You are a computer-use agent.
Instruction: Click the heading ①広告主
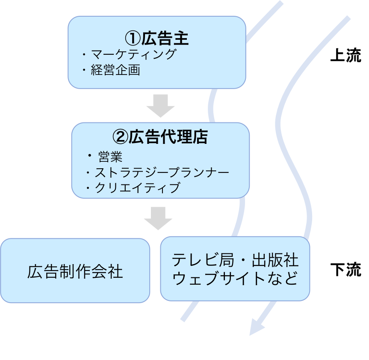point(156,38)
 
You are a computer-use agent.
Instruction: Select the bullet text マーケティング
point(133,54)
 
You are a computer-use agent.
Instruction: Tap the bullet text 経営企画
point(115,70)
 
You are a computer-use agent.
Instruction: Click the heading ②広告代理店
point(160,137)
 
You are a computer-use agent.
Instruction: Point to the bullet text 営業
point(110,157)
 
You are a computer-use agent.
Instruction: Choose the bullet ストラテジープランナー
point(162,172)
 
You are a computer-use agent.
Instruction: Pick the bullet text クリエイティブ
point(138,188)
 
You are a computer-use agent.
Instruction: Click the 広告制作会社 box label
point(75,271)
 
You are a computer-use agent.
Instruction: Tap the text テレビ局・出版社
point(235,260)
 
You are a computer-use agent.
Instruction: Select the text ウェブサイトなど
point(235,278)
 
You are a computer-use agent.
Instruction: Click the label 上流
point(346,55)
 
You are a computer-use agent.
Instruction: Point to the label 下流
point(346,269)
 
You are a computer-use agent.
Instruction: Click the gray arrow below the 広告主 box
point(160,106)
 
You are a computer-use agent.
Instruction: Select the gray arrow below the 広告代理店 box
point(158,218)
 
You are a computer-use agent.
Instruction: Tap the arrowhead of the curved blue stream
point(257,327)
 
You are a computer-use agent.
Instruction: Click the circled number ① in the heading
point(133,39)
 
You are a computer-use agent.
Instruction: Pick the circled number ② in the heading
point(120,137)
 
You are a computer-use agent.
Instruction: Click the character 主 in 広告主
point(181,38)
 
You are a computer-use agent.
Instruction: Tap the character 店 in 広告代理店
point(200,137)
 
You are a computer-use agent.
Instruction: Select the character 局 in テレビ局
point(226,260)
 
